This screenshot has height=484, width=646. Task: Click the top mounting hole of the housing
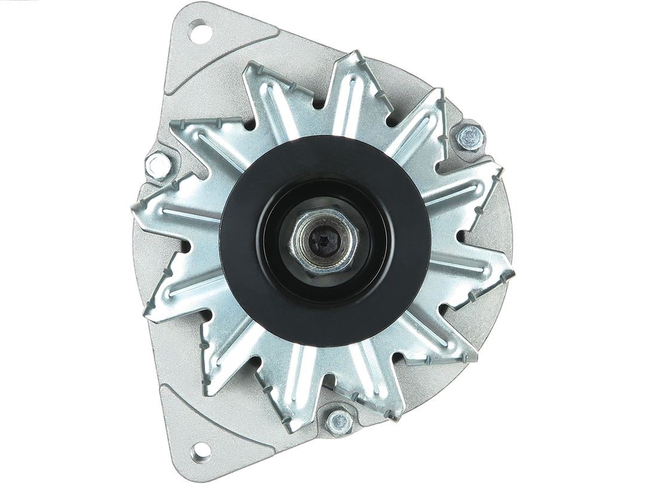click(200, 31)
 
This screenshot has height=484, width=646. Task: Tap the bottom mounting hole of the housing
click(200, 451)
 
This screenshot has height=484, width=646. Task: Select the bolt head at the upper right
click(470, 138)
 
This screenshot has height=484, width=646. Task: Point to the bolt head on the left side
click(159, 165)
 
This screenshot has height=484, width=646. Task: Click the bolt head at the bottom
click(339, 421)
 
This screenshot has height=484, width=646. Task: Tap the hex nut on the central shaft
click(324, 241)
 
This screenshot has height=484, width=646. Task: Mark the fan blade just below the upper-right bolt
click(473, 185)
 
